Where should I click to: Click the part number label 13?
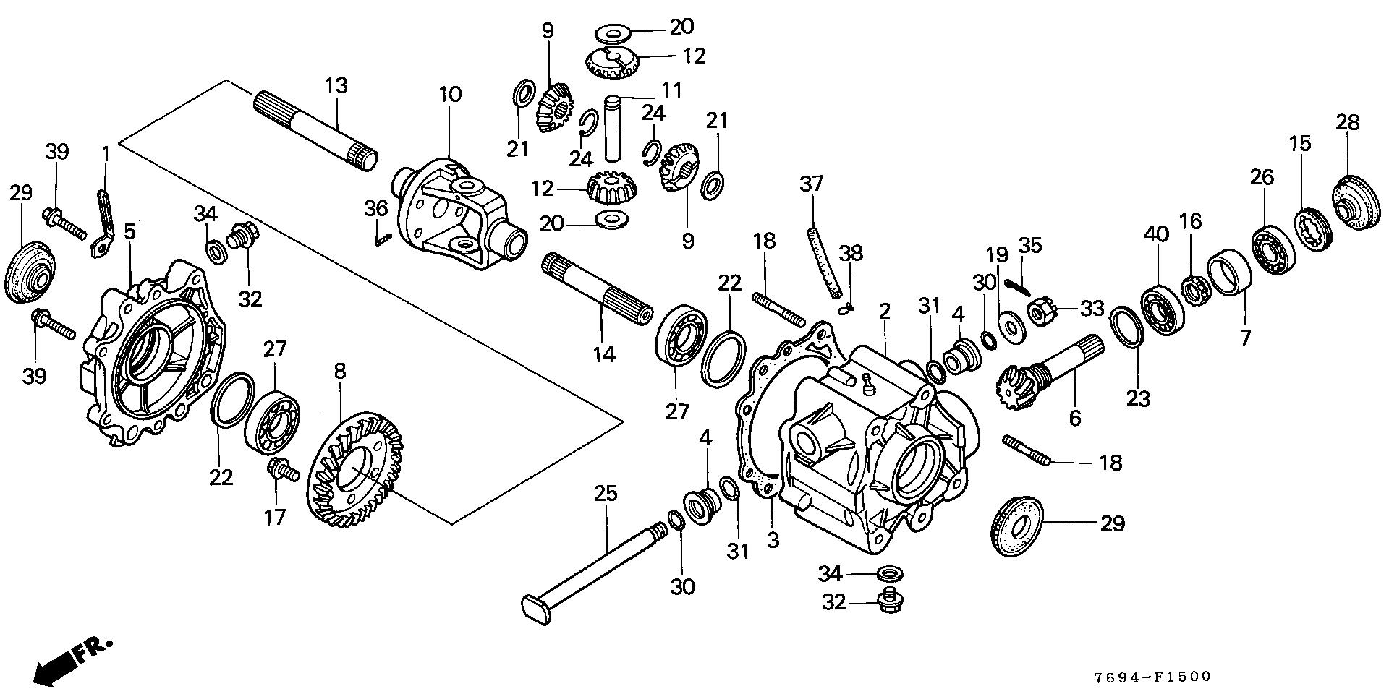pyautogui.click(x=336, y=85)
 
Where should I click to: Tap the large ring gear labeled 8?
pyautogui.click(x=354, y=470)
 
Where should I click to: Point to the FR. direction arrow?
pyautogui.click(x=72, y=658)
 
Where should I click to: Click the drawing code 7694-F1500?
pyautogui.click(x=1151, y=677)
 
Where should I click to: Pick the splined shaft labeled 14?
pyautogui.click(x=597, y=289)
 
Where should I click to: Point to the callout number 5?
pyautogui.click(x=130, y=231)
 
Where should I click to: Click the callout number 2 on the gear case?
pyautogui.click(x=884, y=312)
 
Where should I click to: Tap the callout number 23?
pyautogui.click(x=1138, y=398)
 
